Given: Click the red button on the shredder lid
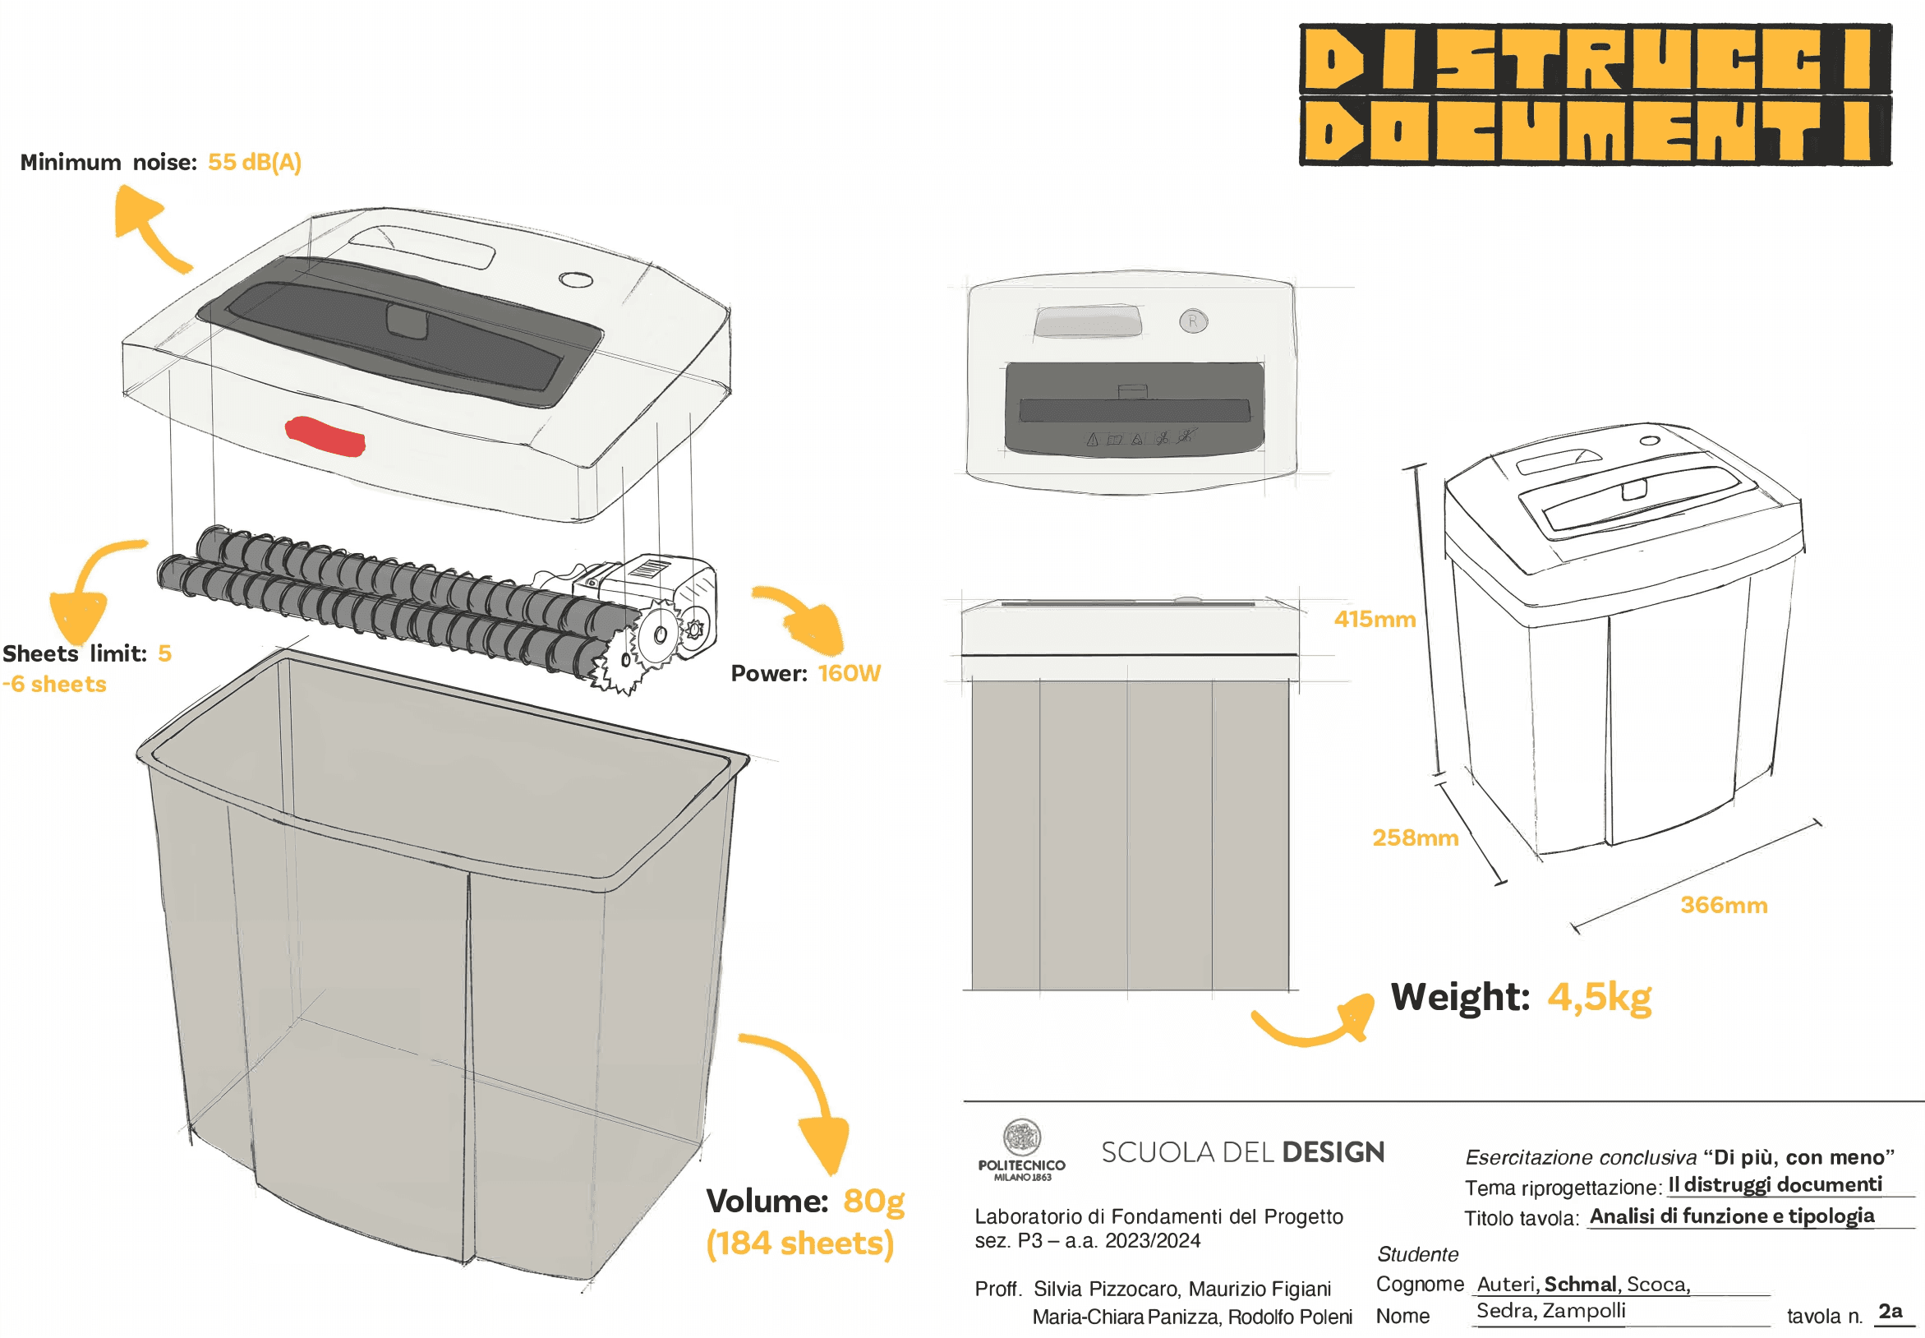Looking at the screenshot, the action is pyautogui.click(x=325, y=436).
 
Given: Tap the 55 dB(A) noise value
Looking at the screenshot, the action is pyautogui.click(x=254, y=162).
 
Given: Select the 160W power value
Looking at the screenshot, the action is pyautogui.click(x=848, y=673).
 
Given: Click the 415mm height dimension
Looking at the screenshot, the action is pyautogui.click(x=1375, y=619).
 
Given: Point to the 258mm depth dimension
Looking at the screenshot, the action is pyautogui.click(x=1415, y=837).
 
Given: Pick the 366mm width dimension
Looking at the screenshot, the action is pyautogui.click(x=1723, y=905).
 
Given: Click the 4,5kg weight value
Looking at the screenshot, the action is pyautogui.click(x=1598, y=997).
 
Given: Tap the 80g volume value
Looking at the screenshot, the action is pyautogui.click(x=873, y=1201).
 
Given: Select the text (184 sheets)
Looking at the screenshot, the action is pyautogui.click(x=799, y=1243).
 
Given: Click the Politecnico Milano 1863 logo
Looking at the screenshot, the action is pyautogui.click(x=1020, y=1149).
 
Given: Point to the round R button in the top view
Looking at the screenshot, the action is pyautogui.click(x=1192, y=321).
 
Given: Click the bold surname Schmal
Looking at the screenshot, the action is pyautogui.click(x=1579, y=1284).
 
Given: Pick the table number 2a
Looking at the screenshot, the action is pyautogui.click(x=1890, y=1310).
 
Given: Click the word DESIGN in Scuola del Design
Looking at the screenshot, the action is pyautogui.click(x=1333, y=1153).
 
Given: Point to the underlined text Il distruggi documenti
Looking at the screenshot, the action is pyautogui.click(x=1774, y=1184).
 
